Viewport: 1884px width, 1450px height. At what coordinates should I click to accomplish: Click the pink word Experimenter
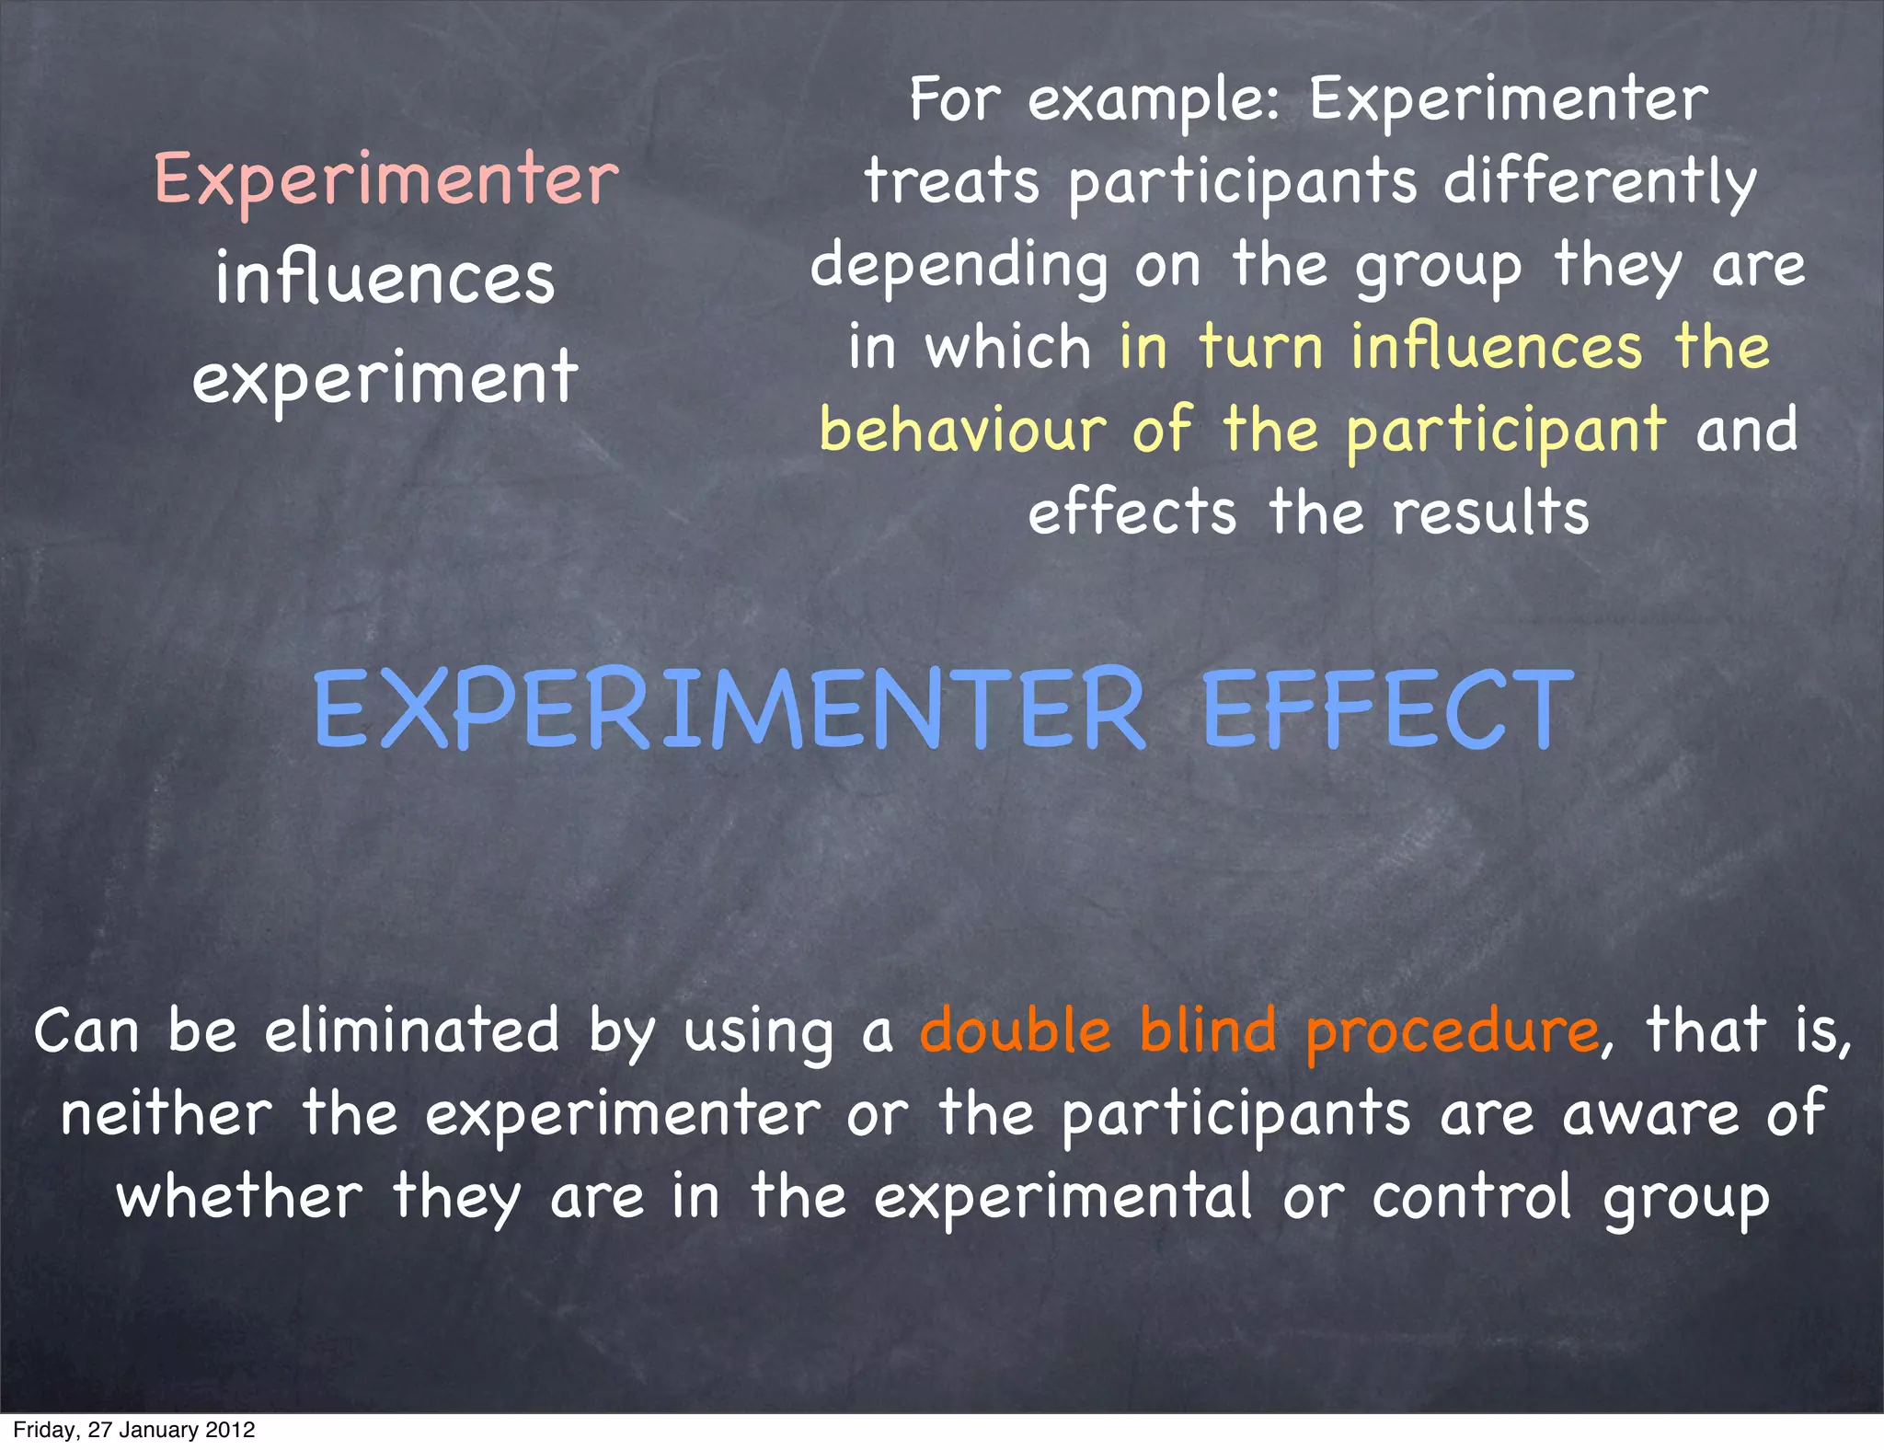(x=386, y=179)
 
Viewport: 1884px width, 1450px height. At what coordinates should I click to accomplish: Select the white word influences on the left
(x=385, y=279)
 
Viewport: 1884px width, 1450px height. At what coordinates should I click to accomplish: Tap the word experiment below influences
(x=385, y=379)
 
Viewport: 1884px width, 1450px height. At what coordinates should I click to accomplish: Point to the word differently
(x=1600, y=182)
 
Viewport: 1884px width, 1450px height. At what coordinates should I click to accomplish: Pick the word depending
(x=959, y=267)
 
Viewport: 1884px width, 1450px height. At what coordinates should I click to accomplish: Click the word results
(x=1490, y=512)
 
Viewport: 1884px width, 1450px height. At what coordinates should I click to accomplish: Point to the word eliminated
(x=412, y=1030)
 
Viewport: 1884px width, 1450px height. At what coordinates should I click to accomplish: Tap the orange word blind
(x=1208, y=1030)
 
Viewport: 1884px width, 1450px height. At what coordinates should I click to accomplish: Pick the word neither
(x=167, y=1113)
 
